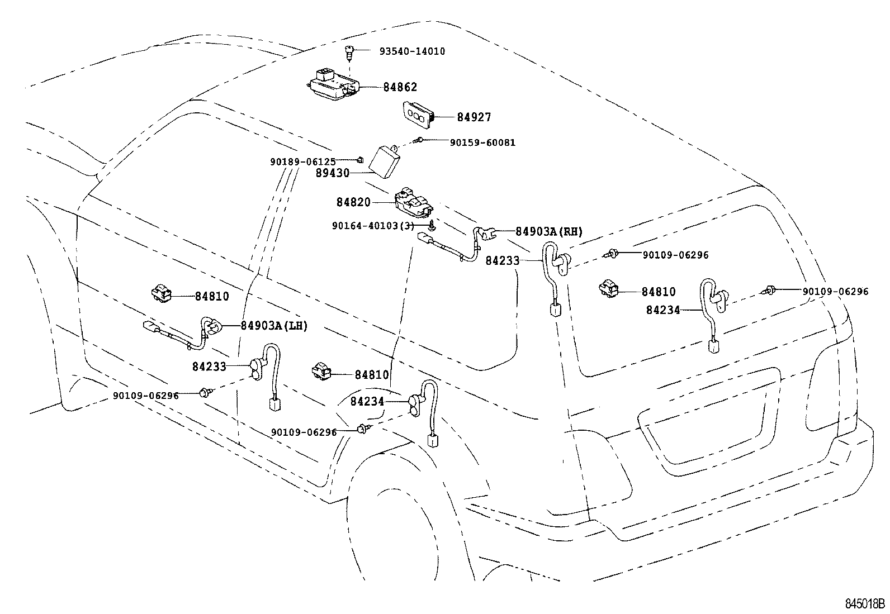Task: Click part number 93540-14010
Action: tap(412, 51)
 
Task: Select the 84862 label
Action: tap(400, 87)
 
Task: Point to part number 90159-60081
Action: tap(482, 142)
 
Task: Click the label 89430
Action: tap(332, 173)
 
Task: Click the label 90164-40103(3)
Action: tap(372, 226)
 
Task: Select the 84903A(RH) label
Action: tap(548, 232)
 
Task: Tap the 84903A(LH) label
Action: tap(274, 326)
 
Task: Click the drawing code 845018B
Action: tap(865, 604)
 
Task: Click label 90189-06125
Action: tap(302, 161)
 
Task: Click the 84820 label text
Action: tap(353, 202)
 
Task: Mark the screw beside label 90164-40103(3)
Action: tap(432, 226)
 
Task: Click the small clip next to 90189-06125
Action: tap(361, 160)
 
